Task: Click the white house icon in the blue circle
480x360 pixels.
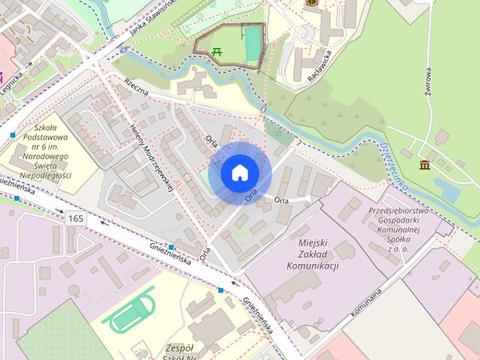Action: (239, 172)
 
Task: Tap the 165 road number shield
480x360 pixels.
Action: (74, 217)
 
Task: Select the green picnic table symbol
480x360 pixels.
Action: (216, 51)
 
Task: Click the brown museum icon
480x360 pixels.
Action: (424, 164)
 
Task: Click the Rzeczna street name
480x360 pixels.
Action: (139, 88)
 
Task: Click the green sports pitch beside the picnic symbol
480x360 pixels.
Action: (253, 43)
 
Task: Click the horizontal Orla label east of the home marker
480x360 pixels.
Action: (281, 199)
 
